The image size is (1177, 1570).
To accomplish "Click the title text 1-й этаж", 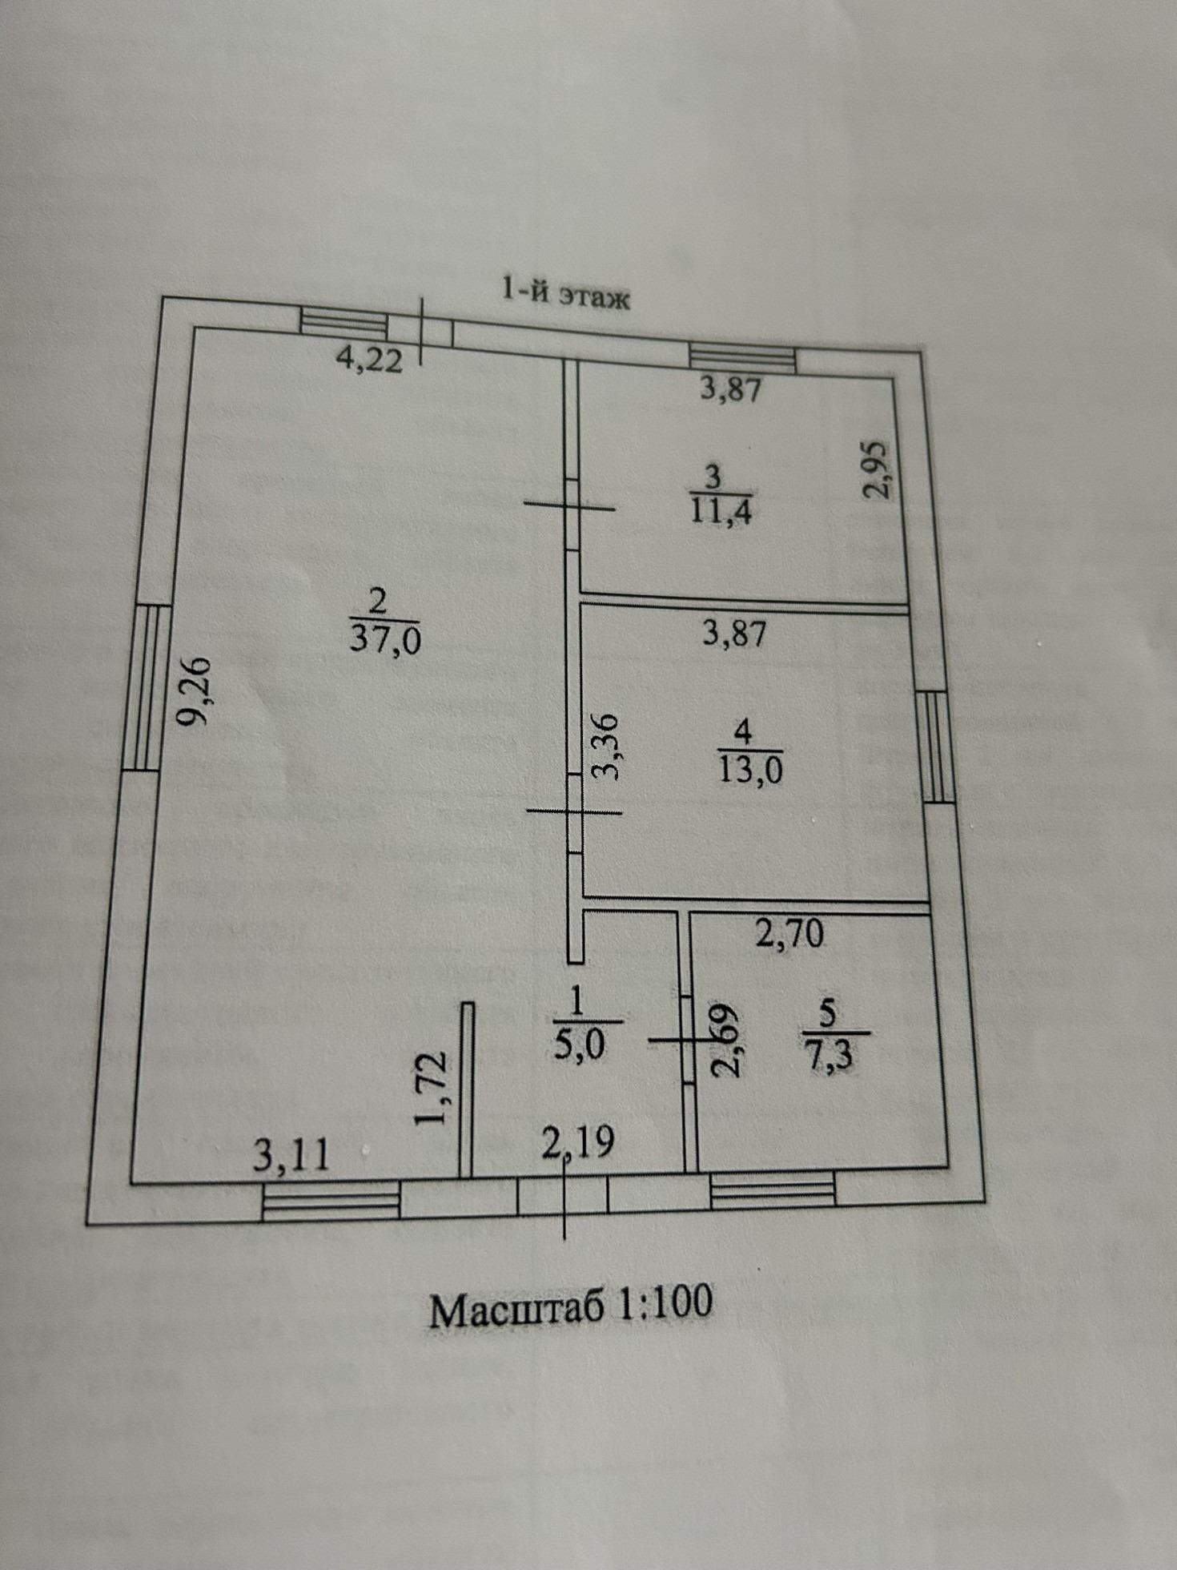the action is coord(565,293).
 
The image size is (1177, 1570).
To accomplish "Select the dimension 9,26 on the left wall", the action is coord(195,691).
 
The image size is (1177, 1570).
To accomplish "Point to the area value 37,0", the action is coord(385,641).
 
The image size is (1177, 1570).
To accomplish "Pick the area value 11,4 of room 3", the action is coord(720,509).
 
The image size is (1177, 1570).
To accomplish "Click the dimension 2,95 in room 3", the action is coord(879,470).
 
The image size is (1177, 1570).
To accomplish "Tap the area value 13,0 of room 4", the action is coord(750,771).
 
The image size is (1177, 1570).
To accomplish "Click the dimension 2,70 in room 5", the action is coord(789,934).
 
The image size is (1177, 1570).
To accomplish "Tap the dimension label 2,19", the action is coord(578,1142).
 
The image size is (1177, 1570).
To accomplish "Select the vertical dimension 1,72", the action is coord(430,1089).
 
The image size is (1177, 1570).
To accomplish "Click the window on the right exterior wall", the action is coord(935,747).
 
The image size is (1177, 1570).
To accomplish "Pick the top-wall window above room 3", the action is coord(744,357).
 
